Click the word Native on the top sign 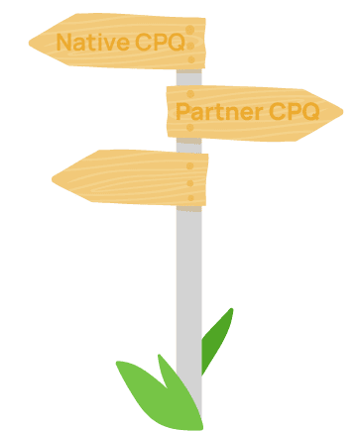pyautogui.click(x=92, y=43)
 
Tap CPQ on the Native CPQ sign pyautogui.click(x=159, y=43)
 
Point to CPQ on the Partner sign pyautogui.click(x=295, y=111)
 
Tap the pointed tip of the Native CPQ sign pyautogui.click(x=31, y=42)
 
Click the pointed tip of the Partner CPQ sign pyautogui.click(x=343, y=114)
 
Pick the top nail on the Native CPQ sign pyautogui.click(x=190, y=31)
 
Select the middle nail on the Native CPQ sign pyautogui.click(x=190, y=44)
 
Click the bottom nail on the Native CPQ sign pyautogui.click(x=190, y=57)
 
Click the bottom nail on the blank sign pyautogui.click(x=191, y=195)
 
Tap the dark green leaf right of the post pyautogui.click(x=217, y=337)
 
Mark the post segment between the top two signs pyautogui.click(x=188, y=77)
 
